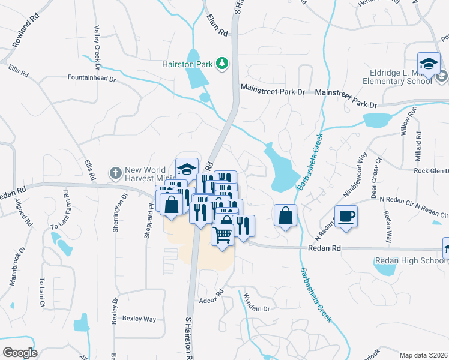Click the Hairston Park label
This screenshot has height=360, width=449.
pyautogui.click(x=188, y=64)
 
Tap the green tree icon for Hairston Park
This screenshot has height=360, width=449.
pyautogui.click(x=222, y=63)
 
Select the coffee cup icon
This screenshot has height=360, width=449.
pyautogui.click(x=346, y=216)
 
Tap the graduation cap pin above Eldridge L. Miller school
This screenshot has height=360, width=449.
pyautogui.click(x=429, y=64)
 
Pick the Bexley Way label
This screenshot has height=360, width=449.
pyautogui.click(x=139, y=319)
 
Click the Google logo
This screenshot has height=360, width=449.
pyautogui.click(x=20, y=353)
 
